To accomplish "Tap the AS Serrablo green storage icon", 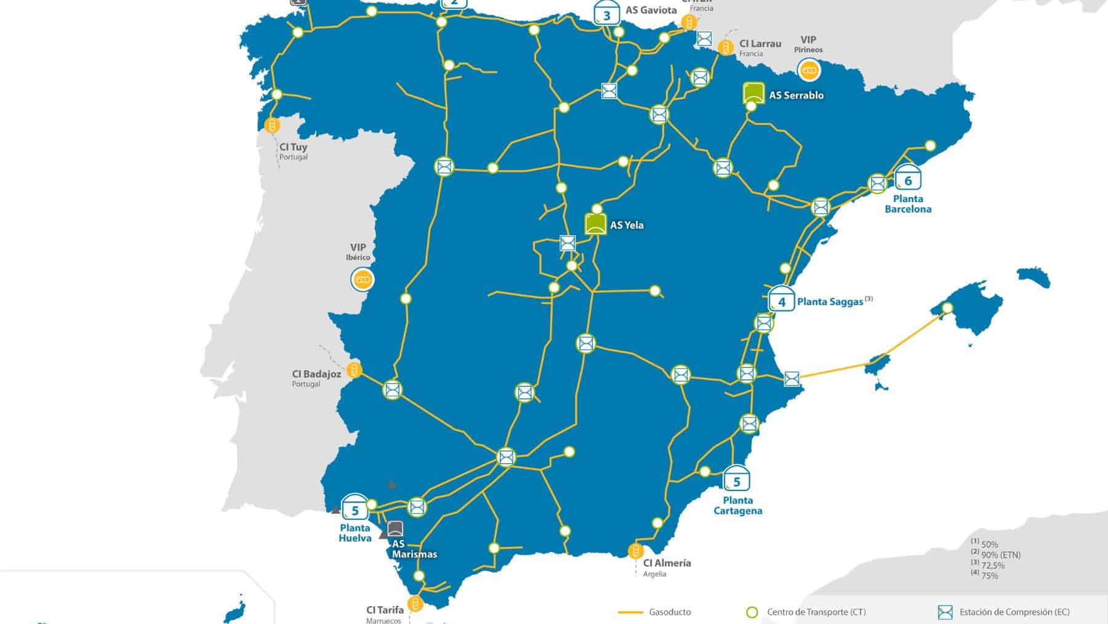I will click(754, 93).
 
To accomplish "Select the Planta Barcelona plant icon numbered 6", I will click(907, 179).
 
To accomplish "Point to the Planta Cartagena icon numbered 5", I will click(736, 479).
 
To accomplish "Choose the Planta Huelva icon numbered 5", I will click(355, 508).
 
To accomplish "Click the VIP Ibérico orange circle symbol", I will click(363, 280).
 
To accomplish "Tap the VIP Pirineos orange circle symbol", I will click(809, 71).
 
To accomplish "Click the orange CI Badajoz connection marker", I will click(354, 370).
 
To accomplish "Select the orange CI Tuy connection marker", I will click(271, 126).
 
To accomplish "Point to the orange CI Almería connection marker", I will click(635, 550).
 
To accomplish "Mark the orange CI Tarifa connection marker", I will click(415, 603).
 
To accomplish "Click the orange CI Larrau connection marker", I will click(726, 47).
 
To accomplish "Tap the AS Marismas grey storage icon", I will click(395, 529).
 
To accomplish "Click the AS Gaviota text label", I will click(651, 10).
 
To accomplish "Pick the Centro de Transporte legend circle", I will click(752, 612).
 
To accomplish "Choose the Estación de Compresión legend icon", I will click(945, 612).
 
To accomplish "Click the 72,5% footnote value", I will click(994, 565).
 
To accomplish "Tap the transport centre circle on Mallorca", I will click(947, 308).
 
